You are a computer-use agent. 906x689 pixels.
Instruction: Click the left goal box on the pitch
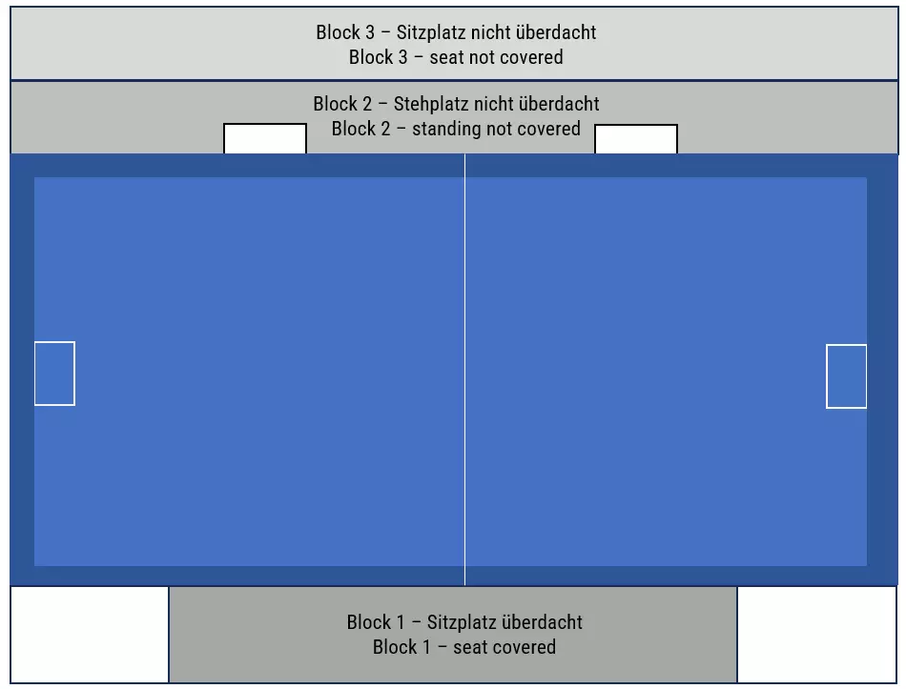click(x=54, y=373)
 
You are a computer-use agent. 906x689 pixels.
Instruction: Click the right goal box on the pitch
click(x=846, y=376)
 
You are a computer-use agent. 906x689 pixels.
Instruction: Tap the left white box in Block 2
click(x=265, y=139)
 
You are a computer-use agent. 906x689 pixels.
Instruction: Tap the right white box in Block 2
click(x=636, y=139)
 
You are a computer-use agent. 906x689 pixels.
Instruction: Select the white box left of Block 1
click(x=90, y=634)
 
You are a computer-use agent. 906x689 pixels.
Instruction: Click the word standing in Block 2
click(x=447, y=129)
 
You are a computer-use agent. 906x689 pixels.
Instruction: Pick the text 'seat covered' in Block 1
click(x=504, y=647)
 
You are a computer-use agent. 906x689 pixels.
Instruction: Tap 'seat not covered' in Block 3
click(x=496, y=57)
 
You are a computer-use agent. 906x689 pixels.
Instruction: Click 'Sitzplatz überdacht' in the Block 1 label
click(x=504, y=622)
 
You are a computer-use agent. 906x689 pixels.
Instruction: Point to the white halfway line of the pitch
click(x=464, y=372)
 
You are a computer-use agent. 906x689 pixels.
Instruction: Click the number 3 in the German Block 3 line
click(x=368, y=32)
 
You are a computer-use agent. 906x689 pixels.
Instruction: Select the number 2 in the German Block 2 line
click(x=365, y=104)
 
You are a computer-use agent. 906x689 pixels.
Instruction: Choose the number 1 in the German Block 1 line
click(x=399, y=622)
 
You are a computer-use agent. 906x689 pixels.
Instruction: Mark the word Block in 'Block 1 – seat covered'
click(x=393, y=647)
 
